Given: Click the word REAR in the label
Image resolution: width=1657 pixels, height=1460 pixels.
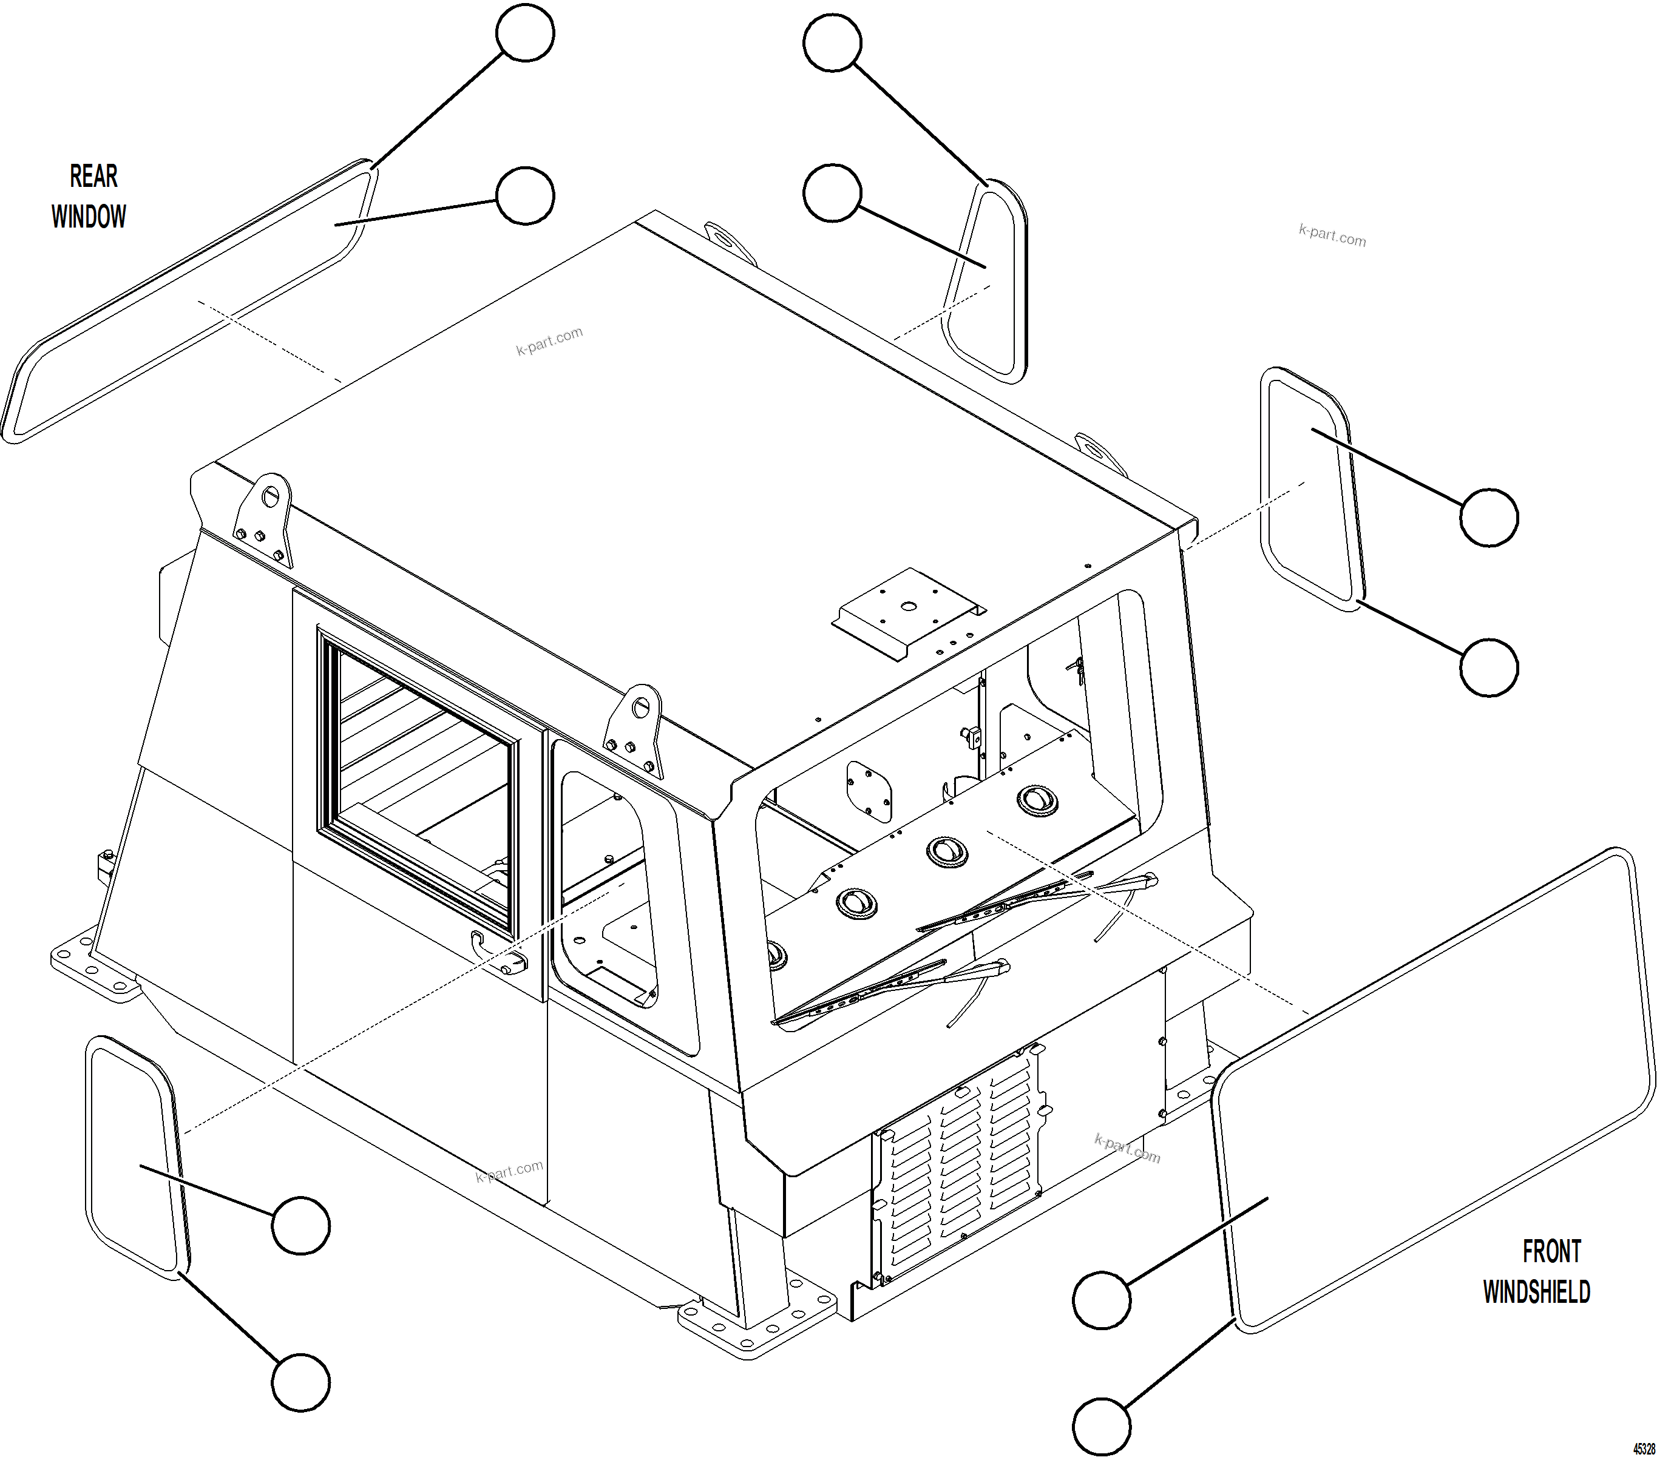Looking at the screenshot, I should coord(93,176).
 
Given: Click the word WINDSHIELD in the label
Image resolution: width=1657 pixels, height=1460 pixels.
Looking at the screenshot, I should coord(1536,1292).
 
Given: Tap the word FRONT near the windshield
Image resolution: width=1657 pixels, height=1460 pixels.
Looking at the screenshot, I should coord(1551,1251).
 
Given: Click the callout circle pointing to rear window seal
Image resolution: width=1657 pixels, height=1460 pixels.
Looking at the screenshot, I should coord(524,33).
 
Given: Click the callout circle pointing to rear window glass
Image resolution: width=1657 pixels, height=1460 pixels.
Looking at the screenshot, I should coord(524,195).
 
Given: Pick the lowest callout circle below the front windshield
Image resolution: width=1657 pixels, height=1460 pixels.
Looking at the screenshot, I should coord(1101,1426).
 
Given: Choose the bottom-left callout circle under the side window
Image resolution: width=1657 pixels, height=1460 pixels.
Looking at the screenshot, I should coord(300,1381).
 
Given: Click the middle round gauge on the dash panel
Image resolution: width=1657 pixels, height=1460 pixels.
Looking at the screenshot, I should coord(946,852).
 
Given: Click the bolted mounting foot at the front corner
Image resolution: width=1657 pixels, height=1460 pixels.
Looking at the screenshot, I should coord(758,1317).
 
